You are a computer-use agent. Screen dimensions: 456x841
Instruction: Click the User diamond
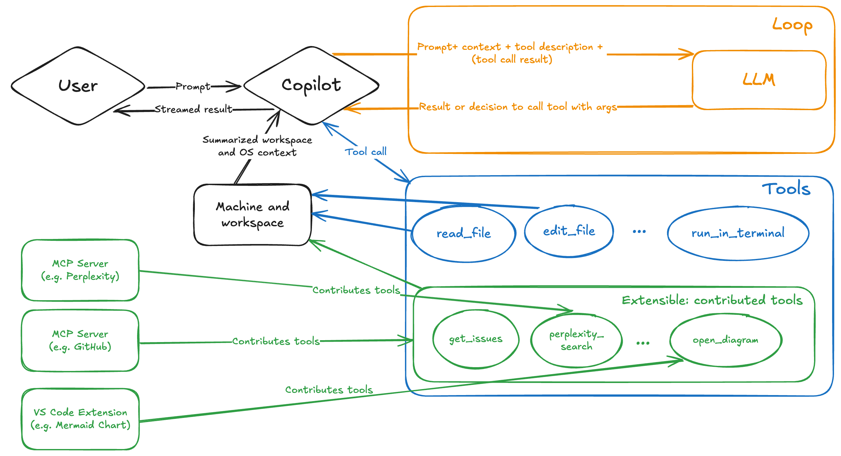[78, 86]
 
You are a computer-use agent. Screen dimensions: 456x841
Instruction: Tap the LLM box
[759, 80]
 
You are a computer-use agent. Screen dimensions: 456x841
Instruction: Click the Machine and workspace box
[252, 215]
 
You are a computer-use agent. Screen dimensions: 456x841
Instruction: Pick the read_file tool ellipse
[464, 233]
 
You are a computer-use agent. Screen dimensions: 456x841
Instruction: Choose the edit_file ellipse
[569, 231]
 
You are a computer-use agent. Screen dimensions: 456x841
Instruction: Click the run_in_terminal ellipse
[738, 233]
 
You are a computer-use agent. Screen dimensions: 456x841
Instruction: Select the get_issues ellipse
[476, 339]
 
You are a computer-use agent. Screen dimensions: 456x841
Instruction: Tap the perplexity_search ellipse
[576, 340]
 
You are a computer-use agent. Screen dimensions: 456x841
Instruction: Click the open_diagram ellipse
[725, 340]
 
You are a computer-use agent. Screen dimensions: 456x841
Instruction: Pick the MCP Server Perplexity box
[80, 270]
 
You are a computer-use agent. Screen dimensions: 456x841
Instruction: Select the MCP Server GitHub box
[80, 340]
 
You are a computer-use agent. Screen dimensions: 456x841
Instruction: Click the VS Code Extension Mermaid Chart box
[80, 419]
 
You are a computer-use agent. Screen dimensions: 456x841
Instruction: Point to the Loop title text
[792, 25]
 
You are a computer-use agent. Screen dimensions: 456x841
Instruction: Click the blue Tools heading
[786, 189]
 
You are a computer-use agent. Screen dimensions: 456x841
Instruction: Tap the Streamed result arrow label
[193, 109]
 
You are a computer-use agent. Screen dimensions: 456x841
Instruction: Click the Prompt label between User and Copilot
[193, 87]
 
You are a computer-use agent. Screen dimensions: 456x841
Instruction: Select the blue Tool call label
[366, 152]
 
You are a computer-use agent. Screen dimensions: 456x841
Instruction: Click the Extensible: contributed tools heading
[712, 300]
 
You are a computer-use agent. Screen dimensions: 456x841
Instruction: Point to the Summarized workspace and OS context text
[257, 146]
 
